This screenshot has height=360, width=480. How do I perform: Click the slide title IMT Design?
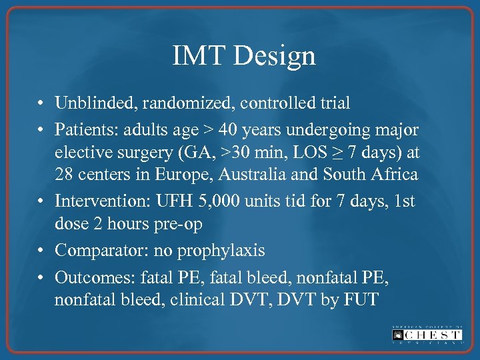pos(243,55)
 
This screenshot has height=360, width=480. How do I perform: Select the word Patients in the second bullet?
pos(83,128)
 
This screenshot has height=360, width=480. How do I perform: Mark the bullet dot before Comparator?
pos(41,251)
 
